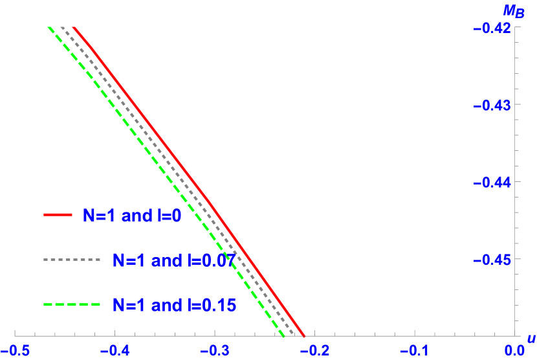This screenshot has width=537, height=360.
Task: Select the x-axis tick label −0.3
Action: tap(215, 350)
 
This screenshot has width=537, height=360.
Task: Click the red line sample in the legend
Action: tap(58, 214)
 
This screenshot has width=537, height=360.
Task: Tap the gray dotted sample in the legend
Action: tap(72, 260)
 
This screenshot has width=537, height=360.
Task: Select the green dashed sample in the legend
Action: tap(72, 304)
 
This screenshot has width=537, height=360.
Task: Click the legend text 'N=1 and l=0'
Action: tap(131, 216)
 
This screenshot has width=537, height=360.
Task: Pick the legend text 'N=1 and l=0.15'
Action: tap(174, 305)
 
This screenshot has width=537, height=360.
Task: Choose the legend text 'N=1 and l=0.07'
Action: tap(174, 260)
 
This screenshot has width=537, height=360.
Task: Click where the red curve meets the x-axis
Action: tap(305, 336)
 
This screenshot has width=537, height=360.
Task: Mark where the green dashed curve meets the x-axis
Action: tap(285, 336)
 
